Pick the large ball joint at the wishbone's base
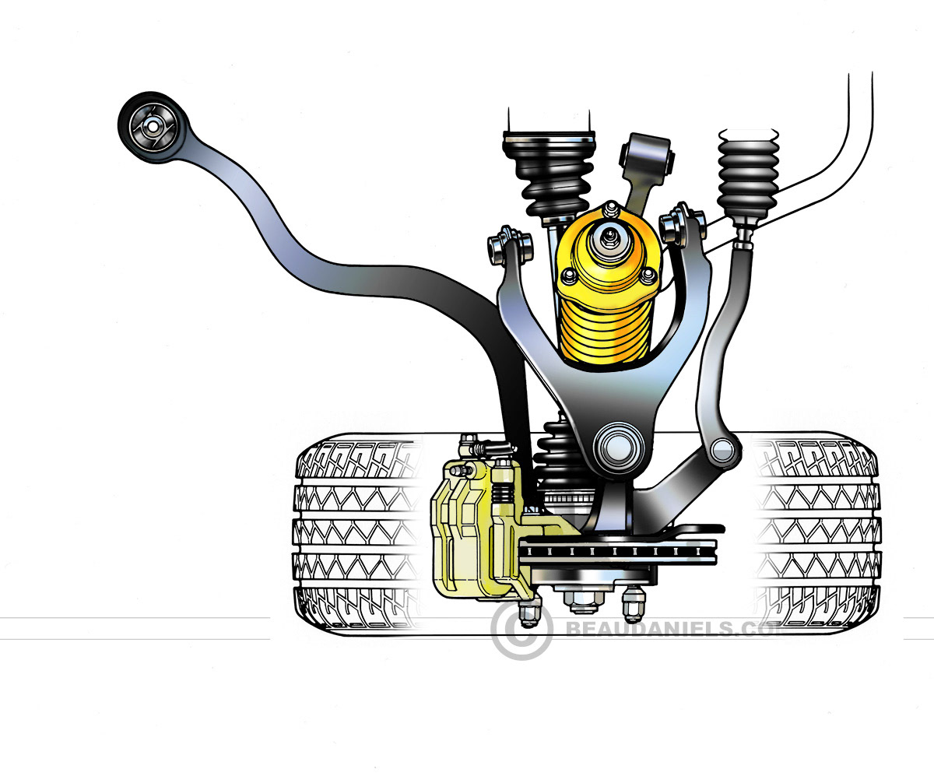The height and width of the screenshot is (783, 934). (x=617, y=446)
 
